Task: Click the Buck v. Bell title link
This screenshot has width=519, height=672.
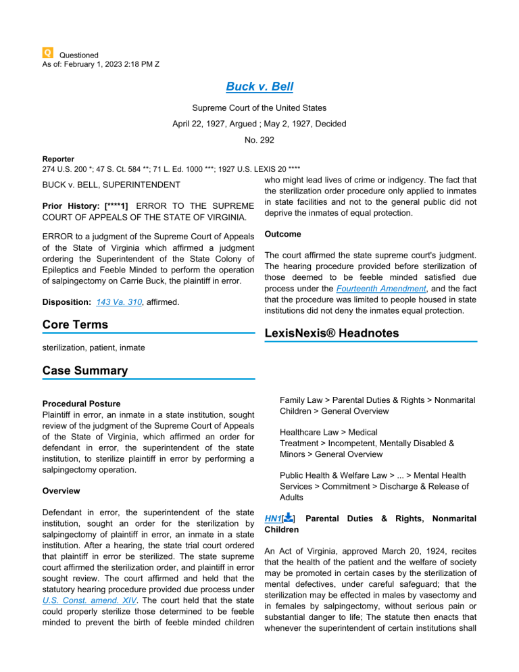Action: click(259, 87)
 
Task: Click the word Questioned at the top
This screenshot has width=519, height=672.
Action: click(79, 55)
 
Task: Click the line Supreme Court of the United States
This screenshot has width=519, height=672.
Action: click(259, 107)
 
